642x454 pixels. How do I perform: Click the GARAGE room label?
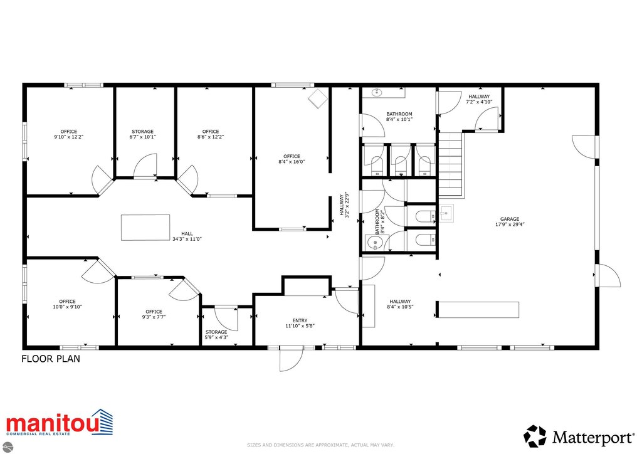[x=510, y=221]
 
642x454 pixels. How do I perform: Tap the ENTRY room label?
[x=300, y=323]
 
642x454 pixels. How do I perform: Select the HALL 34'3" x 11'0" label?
[x=187, y=236]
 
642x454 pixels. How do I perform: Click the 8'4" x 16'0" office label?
[x=292, y=159]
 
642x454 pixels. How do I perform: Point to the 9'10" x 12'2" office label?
[x=69, y=134]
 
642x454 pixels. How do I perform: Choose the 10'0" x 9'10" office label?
[x=68, y=304]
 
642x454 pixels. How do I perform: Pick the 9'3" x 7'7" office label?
[x=154, y=314]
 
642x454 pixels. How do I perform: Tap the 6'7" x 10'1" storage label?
[x=142, y=134]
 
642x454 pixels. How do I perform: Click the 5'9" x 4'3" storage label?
[x=216, y=334]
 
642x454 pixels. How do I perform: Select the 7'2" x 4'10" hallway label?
[x=479, y=99]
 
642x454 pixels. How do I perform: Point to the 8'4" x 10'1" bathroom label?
[x=399, y=117]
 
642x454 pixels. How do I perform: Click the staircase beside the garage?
[x=451, y=164]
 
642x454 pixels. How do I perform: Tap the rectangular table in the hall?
[x=145, y=227]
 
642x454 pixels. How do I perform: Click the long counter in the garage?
[x=478, y=310]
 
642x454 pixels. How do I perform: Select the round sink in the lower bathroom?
[x=374, y=242]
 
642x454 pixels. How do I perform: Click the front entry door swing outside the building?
[x=291, y=360]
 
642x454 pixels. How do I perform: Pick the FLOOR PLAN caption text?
[x=51, y=359]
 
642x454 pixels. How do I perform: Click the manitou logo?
[x=60, y=423]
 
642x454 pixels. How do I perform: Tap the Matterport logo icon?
[x=535, y=436]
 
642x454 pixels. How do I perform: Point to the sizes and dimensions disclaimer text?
[x=320, y=445]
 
